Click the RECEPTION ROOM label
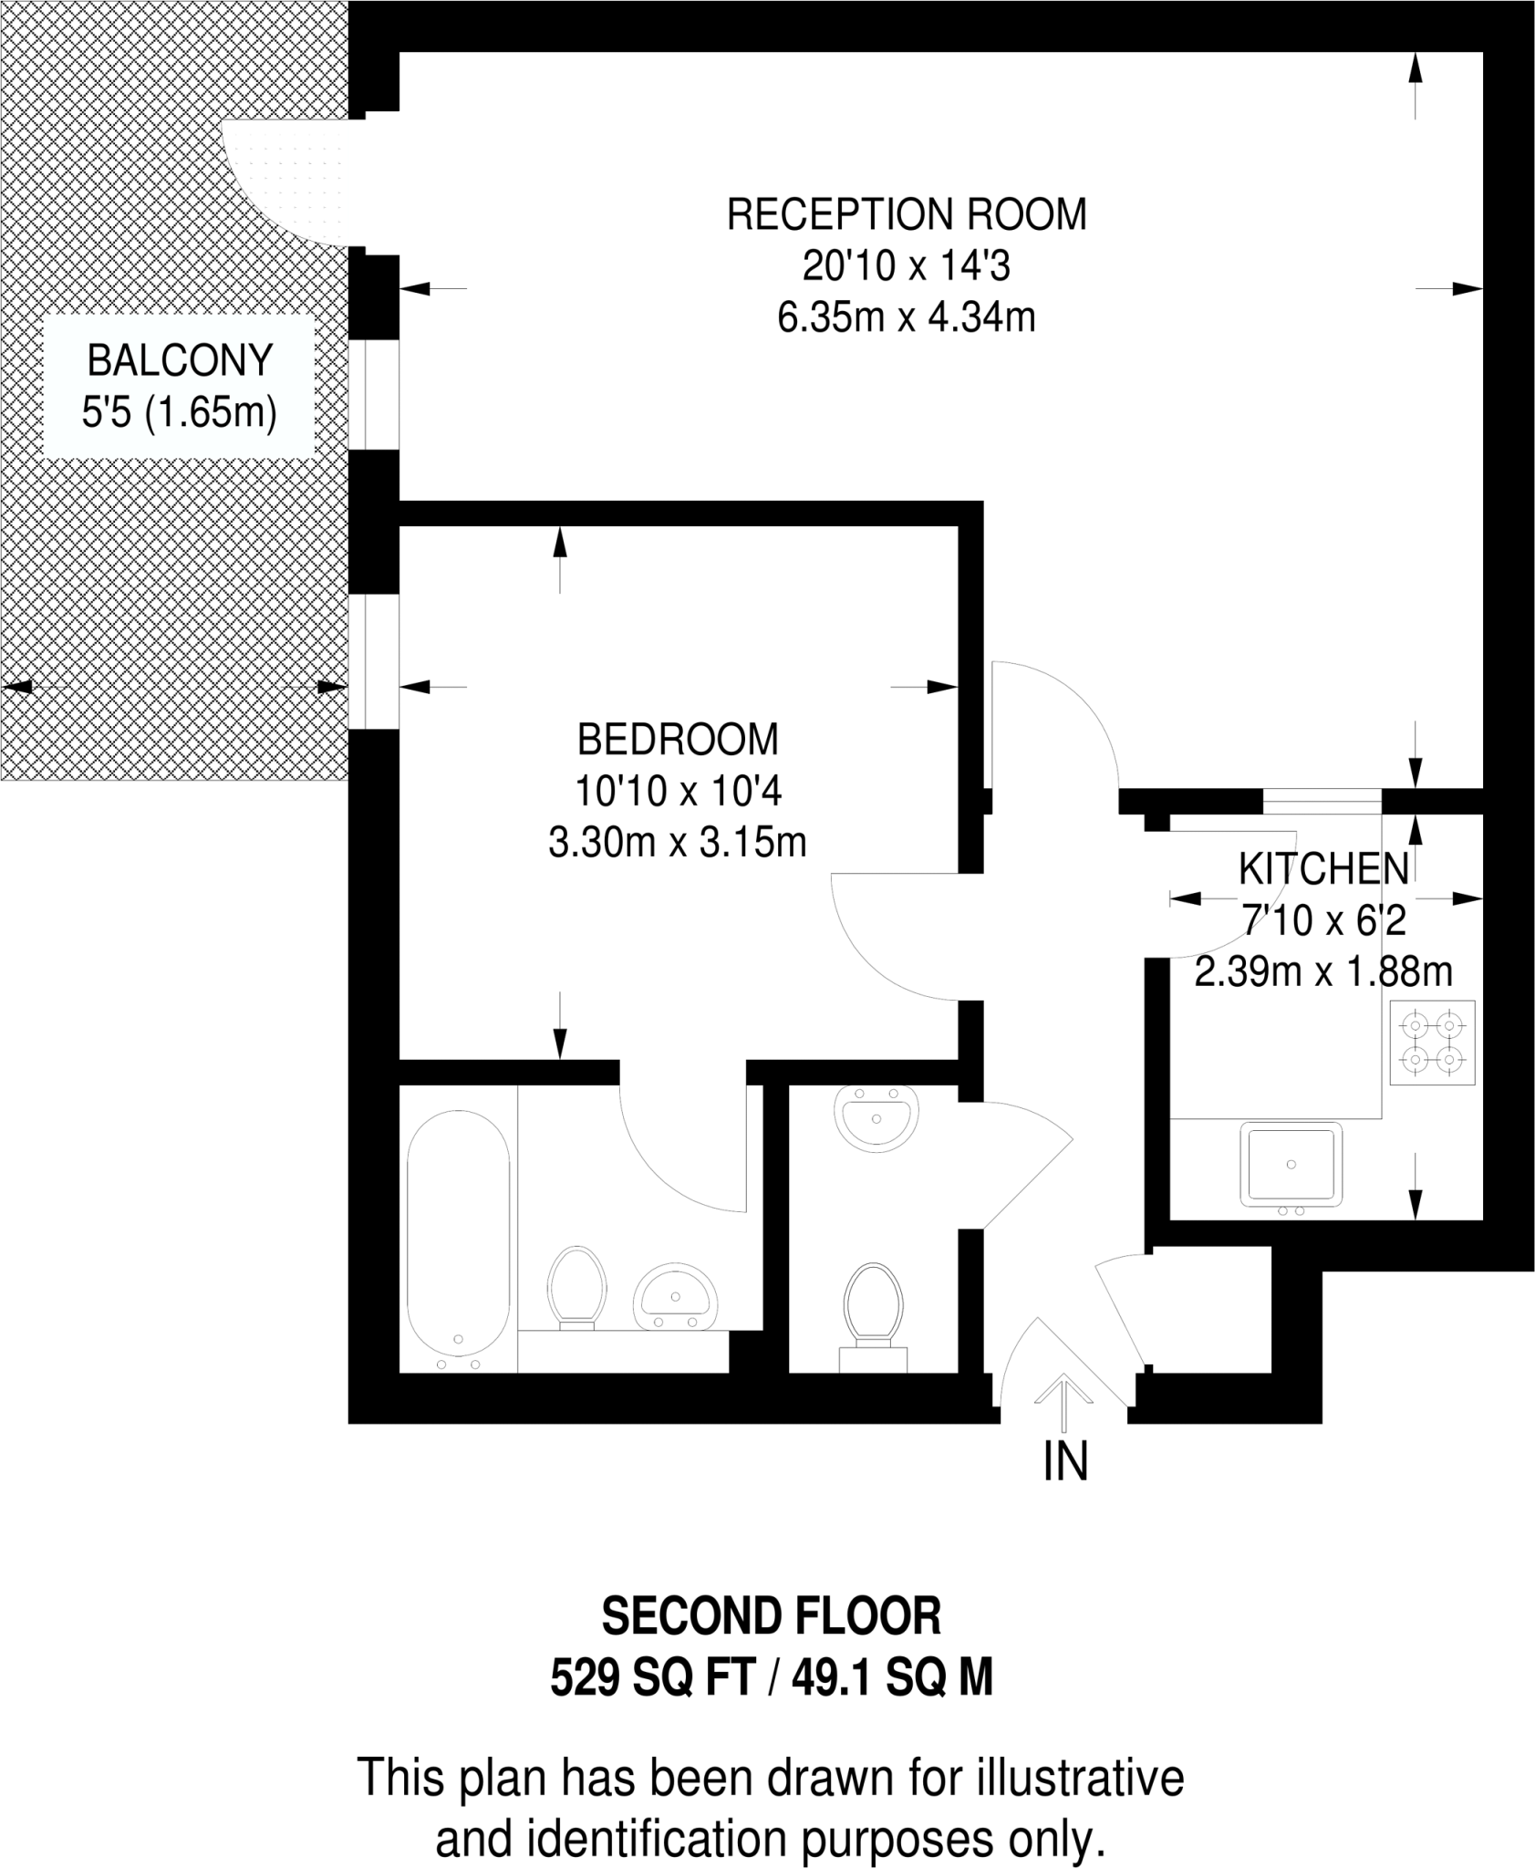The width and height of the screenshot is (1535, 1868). [907, 215]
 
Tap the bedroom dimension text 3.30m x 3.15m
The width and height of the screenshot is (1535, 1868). [677, 843]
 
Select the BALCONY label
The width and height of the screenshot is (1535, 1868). [180, 360]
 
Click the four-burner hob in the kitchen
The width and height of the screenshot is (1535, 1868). [1432, 1043]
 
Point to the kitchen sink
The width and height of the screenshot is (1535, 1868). [1291, 1165]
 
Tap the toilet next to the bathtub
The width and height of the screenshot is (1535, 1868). [576, 1285]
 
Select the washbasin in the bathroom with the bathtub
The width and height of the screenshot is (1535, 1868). [676, 1298]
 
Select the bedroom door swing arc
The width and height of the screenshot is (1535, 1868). [876, 949]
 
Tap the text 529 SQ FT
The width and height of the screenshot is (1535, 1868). [652, 1676]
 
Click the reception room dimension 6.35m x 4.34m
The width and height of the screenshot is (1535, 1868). [907, 318]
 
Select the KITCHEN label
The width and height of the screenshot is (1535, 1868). [1323, 869]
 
